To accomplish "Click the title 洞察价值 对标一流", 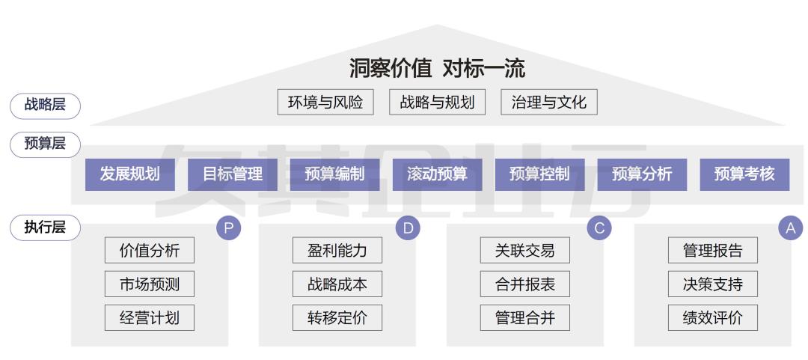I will [437, 69].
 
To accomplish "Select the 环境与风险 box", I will [325, 103].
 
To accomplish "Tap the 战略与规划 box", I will [437, 103].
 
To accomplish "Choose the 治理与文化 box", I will [548, 103].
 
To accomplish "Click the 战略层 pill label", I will [45, 106].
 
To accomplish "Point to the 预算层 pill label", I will [45, 144].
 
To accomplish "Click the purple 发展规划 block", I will [129, 174].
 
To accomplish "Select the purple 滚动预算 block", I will [437, 174].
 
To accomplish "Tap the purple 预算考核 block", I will [744, 174].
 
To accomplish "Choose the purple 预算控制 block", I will [539, 174].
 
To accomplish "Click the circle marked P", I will [228, 228].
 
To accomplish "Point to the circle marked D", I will [408, 228].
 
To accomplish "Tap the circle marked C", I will [599, 228].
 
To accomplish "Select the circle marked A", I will [790, 228].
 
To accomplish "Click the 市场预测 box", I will [150, 284].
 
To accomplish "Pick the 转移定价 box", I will [337, 317].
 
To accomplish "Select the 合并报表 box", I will [525, 284].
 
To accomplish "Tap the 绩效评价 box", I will [713, 317].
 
